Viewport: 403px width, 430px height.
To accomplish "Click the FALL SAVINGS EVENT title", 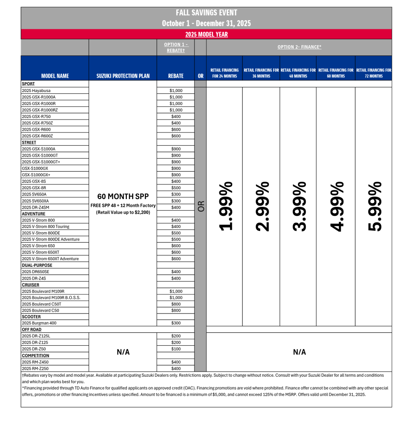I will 206,13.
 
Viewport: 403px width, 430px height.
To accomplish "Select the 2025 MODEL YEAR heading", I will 206,34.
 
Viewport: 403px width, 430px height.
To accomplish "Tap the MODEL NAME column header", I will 55,76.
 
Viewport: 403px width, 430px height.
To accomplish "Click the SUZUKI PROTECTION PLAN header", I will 123,76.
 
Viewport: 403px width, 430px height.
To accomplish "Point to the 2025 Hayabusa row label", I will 36,91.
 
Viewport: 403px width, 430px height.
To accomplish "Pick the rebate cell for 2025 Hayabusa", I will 176,91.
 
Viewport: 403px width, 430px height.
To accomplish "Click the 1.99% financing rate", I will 225,206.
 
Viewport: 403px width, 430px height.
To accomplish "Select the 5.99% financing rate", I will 374,206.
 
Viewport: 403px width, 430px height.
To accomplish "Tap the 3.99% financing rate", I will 298,206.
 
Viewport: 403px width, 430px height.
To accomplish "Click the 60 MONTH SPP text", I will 123,197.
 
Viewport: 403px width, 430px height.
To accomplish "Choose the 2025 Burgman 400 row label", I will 39,323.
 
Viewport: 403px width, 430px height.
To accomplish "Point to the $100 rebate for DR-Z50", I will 176,349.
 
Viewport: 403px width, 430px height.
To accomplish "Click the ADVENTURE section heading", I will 34,214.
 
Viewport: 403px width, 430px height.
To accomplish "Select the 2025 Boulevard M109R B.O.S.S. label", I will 51,298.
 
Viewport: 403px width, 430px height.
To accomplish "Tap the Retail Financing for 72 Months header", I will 374,73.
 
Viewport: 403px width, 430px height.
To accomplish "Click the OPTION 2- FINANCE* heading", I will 299,47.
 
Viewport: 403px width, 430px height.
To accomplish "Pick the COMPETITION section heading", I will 35,356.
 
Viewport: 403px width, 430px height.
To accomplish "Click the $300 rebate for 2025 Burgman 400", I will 176,323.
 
